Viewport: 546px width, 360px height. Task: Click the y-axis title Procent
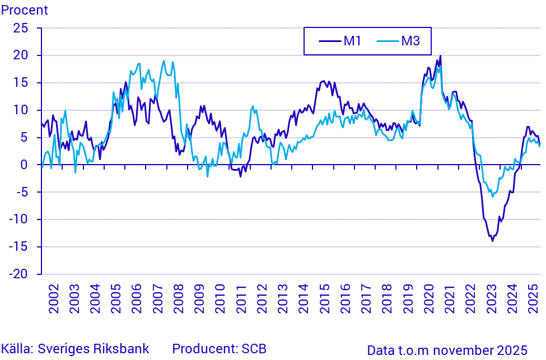(24, 10)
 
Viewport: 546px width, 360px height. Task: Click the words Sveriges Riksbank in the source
(94, 349)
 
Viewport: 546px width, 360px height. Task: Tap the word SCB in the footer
(254, 349)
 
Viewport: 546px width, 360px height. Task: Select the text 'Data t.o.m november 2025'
(447, 350)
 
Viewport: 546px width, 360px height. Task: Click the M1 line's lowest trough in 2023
(492, 241)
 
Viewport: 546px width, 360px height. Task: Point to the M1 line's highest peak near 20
(441, 55)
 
